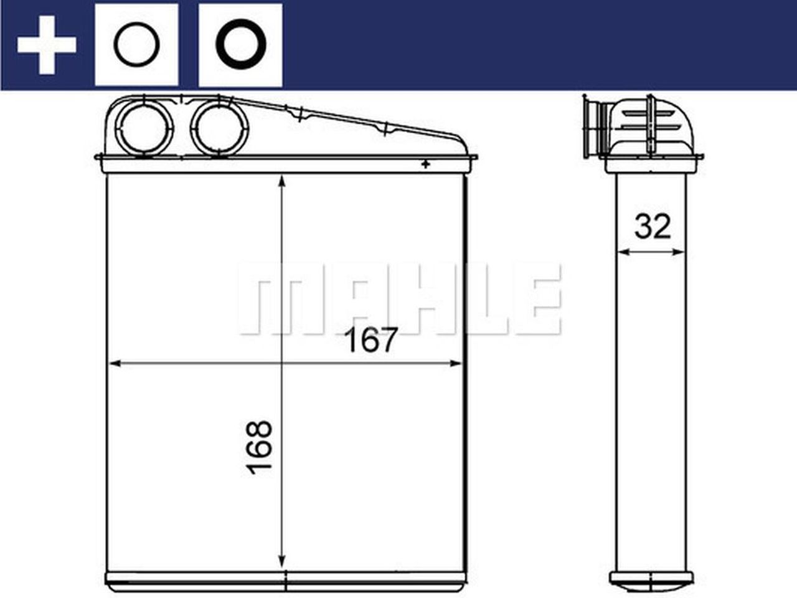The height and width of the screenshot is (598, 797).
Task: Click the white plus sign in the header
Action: pyautogui.click(x=47, y=45)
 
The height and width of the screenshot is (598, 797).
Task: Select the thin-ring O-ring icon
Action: pyautogui.click(x=136, y=45)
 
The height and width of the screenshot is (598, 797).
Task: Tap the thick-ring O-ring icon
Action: pyautogui.click(x=240, y=45)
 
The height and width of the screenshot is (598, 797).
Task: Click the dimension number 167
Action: pyautogui.click(x=371, y=341)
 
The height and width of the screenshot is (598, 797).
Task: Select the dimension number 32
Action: pyautogui.click(x=653, y=227)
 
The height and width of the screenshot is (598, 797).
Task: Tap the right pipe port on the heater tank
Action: pyautogui.click(x=219, y=128)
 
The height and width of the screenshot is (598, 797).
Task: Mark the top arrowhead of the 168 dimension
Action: pyautogui.click(x=283, y=181)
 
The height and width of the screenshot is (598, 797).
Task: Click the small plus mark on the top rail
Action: pyautogui.click(x=426, y=165)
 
